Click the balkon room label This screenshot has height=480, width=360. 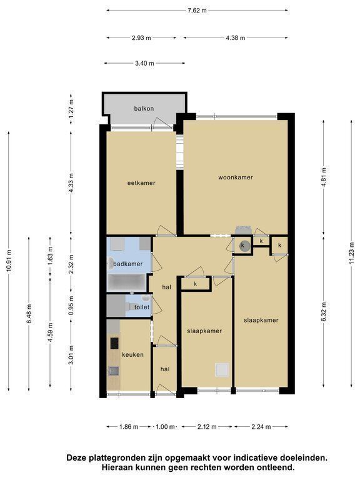(144, 109)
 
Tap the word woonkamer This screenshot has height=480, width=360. (236, 177)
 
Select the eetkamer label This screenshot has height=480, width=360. (141, 183)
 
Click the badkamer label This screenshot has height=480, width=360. (127, 264)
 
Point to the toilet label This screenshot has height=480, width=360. (142, 307)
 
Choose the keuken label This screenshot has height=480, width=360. (132, 354)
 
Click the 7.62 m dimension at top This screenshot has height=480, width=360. (197, 11)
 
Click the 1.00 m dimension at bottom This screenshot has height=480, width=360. (165, 427)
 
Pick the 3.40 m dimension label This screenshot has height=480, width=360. (144, 63)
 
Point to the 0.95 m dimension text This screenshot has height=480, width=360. (71, 305)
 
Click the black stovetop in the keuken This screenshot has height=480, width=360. (114, 343)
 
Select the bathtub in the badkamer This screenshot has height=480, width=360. (126, 282)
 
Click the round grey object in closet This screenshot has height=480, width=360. (243, 246)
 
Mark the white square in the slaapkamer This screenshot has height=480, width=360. (222, 369)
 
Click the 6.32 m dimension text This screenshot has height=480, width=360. (324, 312)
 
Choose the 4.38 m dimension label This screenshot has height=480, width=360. (236, 38)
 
